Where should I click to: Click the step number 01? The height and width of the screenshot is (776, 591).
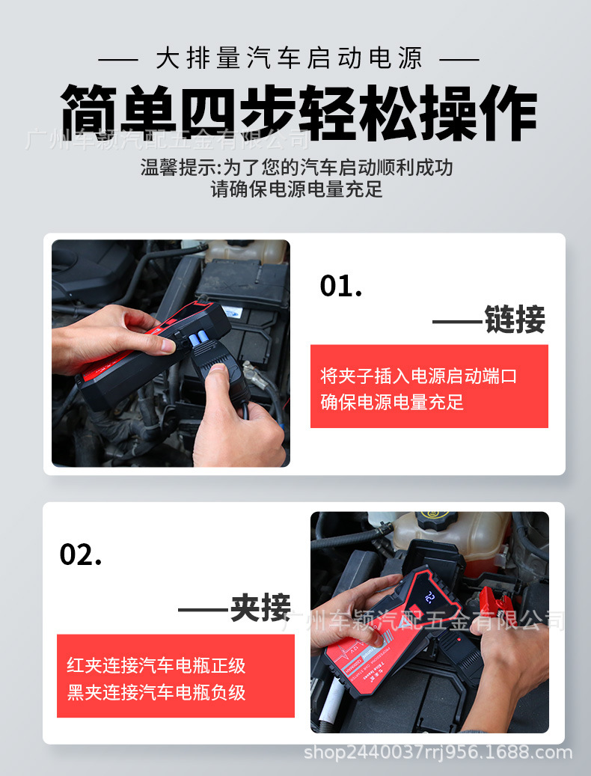[x=340, y=286]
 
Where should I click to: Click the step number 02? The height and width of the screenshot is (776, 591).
[x=80, y=554]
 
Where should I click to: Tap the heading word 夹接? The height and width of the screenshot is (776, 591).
[x=260, y=608]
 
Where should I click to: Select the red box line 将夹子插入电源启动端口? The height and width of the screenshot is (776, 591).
[x=418, y=376]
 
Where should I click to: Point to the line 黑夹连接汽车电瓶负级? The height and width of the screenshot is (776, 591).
[x=156, y=692]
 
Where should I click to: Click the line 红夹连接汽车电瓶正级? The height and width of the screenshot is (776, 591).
[x=156, y=665]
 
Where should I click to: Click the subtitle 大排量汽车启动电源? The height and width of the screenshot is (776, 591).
[x=290, y=58]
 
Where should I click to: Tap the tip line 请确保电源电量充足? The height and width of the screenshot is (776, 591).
[x=296, y=189]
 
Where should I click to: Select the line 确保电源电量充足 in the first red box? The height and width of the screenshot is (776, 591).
[x=392, y=402]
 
